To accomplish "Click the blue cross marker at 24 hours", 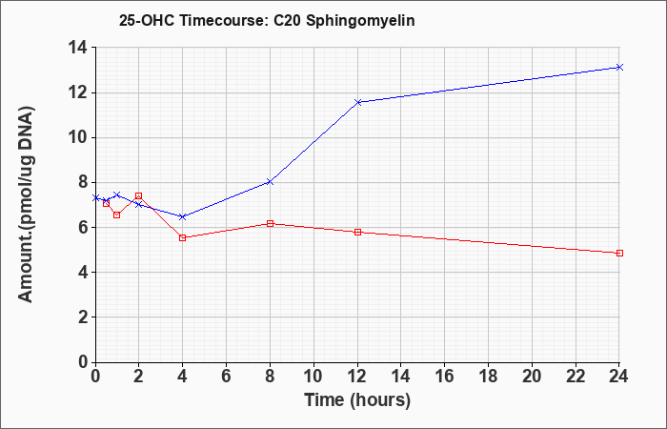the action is tap(619, 68).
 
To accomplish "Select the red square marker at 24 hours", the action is tap(619, 253).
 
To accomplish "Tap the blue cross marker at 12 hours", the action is tap(357, 102).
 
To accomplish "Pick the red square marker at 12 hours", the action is tap(357, 232).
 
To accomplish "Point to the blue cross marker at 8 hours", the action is tap(270, 182).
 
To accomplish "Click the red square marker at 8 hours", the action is tap(270, 223).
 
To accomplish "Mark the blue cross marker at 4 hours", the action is tap(183, 216).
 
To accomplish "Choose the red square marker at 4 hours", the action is tap(183, 237).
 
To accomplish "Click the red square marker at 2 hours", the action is tap(139, 195).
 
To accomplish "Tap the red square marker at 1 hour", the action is tap(117, 214).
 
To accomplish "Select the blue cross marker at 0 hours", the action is tap(95, 198).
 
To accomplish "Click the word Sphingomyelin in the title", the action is tap(360, 21).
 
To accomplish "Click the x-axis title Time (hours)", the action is tap(357, 400).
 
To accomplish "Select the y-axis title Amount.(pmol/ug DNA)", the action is tap(26, 204).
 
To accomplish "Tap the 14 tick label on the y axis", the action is tap(78, 48).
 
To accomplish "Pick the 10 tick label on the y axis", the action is tap(78, 137).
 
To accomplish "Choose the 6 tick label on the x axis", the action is tap(226, 377).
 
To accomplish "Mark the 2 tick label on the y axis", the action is tap(83, 317).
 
